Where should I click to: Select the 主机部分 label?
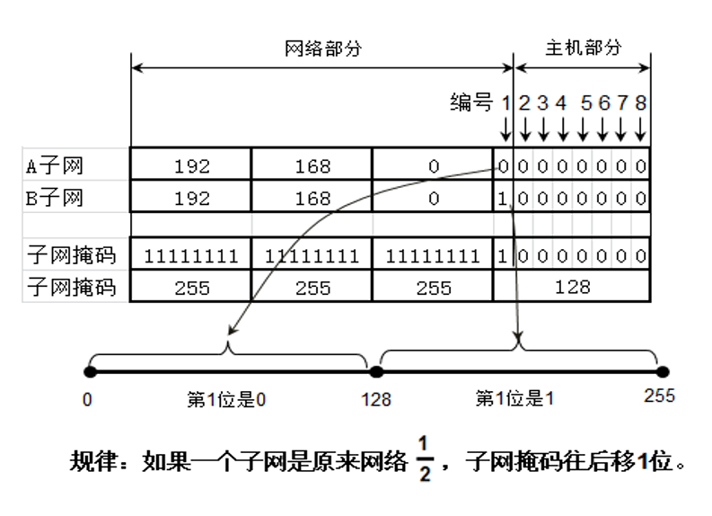pos(583,48)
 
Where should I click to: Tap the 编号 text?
pos(471,102)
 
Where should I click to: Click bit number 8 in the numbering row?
pos(640,103)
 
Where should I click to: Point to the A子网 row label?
pos(56,165)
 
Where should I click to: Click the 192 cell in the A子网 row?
pos(191,166)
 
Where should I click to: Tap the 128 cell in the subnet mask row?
pos(572,287)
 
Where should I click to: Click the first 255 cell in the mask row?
pos(191,288)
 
